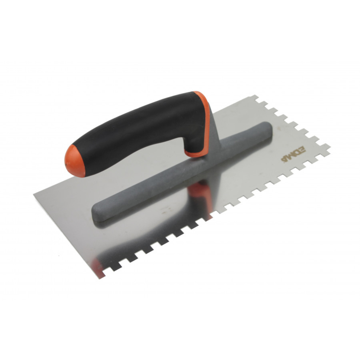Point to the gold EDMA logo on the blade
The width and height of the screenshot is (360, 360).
[x=288, y=154]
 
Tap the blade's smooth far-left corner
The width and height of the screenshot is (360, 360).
[x=35, y=195]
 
